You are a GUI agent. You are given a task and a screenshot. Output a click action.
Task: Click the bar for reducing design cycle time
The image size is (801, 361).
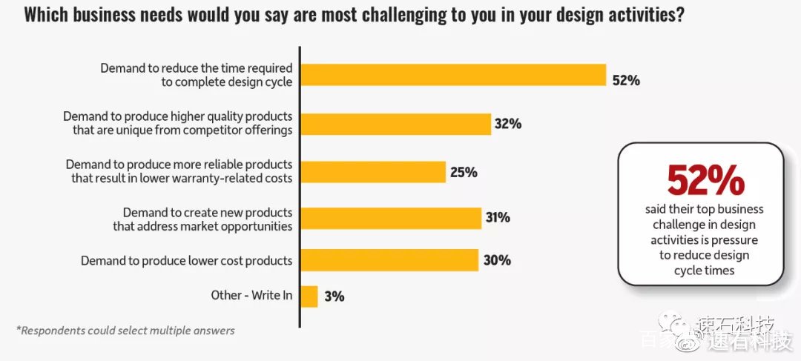tap(453, 75)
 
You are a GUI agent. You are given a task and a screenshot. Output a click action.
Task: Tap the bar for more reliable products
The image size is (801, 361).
tap(373, 172)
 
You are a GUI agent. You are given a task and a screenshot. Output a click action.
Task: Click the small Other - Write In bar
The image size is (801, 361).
tap(309, 297)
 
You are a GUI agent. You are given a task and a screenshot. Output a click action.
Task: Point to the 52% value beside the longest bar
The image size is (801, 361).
tap(626, 81)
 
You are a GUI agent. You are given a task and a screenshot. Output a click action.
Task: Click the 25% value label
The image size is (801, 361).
tap(464, 173)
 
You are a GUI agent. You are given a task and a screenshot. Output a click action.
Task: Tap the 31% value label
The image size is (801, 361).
tap(498, 217)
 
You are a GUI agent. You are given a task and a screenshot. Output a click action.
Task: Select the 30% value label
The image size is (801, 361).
tap(497, 260)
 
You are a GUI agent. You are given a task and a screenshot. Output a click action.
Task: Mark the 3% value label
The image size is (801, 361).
tap(334, 297)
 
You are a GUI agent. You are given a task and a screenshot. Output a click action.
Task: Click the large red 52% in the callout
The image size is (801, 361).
tap(705, 181)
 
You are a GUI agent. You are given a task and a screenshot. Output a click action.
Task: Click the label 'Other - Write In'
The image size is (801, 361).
tap(252, 295)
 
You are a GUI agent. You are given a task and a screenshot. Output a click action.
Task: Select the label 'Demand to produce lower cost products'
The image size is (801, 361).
tap(186, 261)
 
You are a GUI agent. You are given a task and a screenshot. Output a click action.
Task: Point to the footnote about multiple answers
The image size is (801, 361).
tap(125, 331)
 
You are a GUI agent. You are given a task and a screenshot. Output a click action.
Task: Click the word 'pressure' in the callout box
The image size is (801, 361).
tap(734, 239)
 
